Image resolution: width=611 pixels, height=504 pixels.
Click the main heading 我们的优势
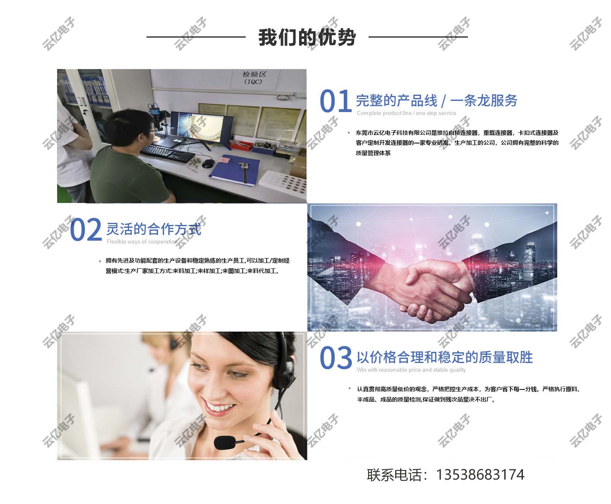pyautogui.click(x=307, y=38)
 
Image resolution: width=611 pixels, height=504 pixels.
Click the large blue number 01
pyautogui.click(x=335, y=101)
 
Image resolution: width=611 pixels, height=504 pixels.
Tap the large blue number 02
pyautogui.click(x=86, y=229)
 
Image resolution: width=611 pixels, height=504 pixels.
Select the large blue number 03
pyautogui.click(x=335, y=358)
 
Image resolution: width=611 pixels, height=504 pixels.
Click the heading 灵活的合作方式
pyautogui.click(x=153, y=229)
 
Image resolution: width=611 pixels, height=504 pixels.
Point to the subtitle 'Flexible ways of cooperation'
pyautogui.click(x=142, y=241)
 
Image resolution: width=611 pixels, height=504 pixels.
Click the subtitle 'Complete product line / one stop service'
pyautogui.click(x=406, y=113)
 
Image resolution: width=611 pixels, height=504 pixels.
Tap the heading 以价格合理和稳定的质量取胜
pyautogui.click(x=445, y=357)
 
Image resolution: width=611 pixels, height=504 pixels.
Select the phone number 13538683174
pyautogui.click(x=480, y=475)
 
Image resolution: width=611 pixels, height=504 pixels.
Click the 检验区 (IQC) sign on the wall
pyautogui.click(x=254, y=78)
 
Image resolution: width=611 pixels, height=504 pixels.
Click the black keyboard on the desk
pyautogui.click(x=168, y=153)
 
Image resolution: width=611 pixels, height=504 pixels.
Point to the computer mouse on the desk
pyautogui.click(x=208, y=164)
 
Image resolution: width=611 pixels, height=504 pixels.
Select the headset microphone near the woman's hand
pyautogui.click(x=225, y=442)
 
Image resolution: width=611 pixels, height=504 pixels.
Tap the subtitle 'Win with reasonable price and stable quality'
pyautogui.click(x=411, y=370)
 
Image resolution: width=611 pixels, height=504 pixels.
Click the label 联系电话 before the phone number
pyautogui.click(x=394, y=475)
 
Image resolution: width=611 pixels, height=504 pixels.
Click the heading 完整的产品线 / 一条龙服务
pyautogui.click(x=436, y=100)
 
